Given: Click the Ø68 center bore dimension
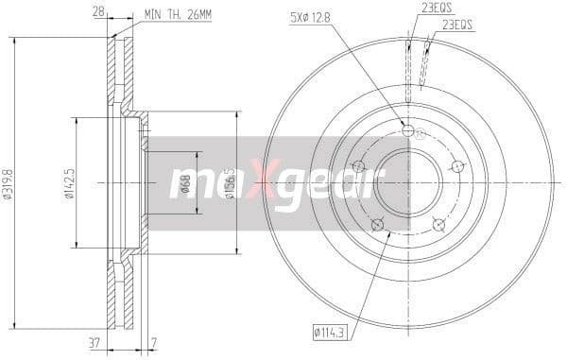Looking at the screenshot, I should coord(186,183).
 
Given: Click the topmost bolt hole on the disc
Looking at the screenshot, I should coord(408,130).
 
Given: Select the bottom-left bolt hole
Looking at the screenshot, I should coord(377,225).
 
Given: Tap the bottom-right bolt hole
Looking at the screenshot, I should coord(438,225).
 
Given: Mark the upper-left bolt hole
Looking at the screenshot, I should coord(358,167).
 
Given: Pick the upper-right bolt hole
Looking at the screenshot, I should coord(457,167).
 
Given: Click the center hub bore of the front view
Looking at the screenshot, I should coord(408,183).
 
